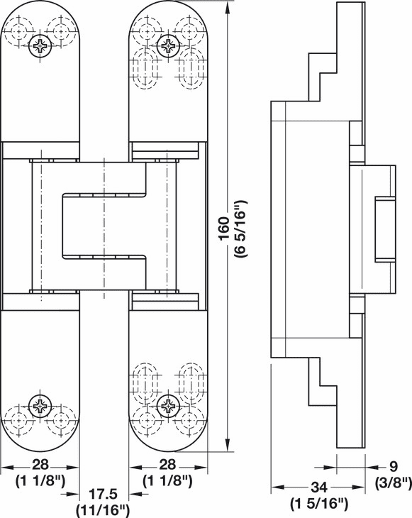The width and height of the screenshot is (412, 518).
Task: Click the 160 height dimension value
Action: tap(224, 228)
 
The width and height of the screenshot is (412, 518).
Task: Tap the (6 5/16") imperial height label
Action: tap(240, 228)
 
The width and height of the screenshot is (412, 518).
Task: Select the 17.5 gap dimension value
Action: tap(104, 494)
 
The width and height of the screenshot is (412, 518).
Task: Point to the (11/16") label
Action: tap(104, 510)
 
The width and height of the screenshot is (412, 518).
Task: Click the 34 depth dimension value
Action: tap(319, 487)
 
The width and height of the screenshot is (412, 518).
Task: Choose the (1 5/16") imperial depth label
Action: tap(319, 504)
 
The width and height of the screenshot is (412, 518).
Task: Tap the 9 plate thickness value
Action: tap(393, 467)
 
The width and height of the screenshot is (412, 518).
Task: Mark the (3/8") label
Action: tap(393, 483)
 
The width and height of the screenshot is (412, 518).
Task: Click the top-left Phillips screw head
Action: tap(40, 46)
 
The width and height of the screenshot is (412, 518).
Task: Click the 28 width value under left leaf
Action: tap(40, 465)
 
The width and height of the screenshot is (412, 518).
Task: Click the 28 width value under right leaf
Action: tap(167, 465)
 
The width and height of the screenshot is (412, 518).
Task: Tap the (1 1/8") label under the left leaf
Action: tap(40, 481)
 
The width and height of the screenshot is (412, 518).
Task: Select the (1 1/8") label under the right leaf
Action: tap(167, 481)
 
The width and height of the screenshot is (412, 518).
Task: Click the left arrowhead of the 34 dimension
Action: tap(277, 487)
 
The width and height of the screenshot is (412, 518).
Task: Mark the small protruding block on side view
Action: tap(385, 230)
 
